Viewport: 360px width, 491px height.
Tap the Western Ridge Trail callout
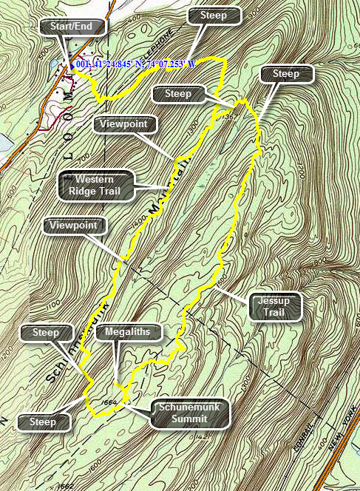pos(95,186)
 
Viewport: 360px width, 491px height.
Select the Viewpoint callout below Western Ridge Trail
pos(75,224)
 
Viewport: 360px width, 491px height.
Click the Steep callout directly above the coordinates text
pos(214,15)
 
